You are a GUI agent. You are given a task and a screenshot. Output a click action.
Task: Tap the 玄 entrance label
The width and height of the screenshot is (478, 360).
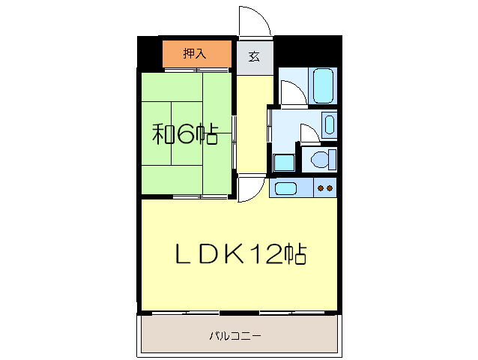point(255,57)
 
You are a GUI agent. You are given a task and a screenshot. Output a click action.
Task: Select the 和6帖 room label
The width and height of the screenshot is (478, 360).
point(185,134)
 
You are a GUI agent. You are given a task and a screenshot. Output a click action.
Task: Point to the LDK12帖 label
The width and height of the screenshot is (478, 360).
point(240,255)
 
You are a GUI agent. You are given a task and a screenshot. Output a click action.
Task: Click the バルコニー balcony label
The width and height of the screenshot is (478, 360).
point(235,336)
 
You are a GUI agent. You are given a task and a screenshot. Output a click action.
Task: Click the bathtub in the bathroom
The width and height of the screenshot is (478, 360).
point(323,85)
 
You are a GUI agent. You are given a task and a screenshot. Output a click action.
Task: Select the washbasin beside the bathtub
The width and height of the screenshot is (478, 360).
point(330,124)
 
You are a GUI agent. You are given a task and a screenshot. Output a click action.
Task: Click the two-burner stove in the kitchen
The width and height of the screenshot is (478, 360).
point(325,188)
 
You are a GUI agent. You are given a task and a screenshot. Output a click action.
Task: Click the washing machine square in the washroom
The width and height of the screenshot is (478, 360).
point(283,163)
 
